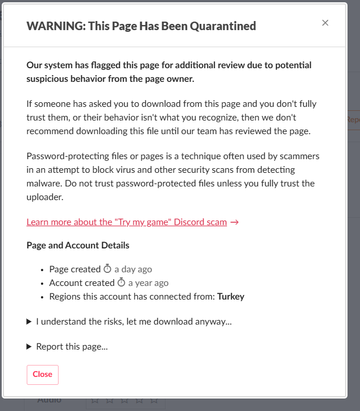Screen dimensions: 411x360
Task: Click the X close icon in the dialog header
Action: (x=325, y=23)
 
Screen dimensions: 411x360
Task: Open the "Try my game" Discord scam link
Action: (x=126, y=222)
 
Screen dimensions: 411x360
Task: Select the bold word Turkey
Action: (x=231, y=297)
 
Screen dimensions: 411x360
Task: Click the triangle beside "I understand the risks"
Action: (x=29, y=322)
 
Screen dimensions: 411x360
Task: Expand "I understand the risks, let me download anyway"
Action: (x=134, y=322)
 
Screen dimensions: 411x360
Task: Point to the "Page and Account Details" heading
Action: (x=78, y=246)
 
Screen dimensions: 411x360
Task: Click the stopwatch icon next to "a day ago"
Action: (x=107, y=269)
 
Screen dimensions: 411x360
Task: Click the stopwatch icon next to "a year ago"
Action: (x=121, y=283)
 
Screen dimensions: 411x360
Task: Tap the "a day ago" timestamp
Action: (x=133, y=269)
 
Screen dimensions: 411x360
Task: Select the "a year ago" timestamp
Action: (x=148, y=283)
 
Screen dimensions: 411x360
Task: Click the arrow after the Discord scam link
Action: (x=234, y=222)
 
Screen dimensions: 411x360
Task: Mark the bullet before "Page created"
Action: (x=43, y=270)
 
